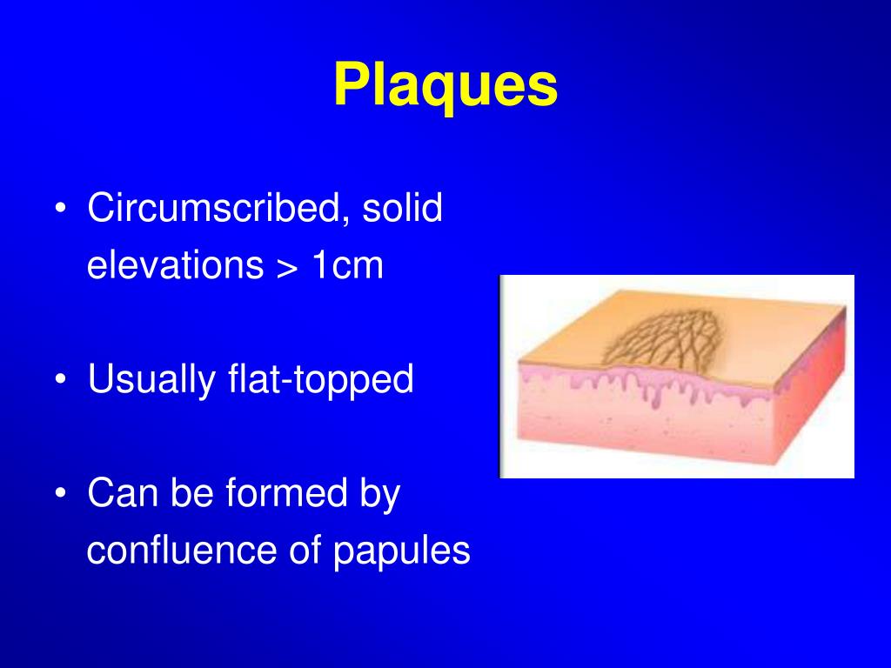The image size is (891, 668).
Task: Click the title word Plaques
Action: click(x=445, y=86)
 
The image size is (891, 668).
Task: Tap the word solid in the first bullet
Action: click(x=404, y=209)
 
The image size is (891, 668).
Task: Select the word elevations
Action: click(x=175, y=265)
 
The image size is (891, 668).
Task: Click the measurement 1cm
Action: click(x=346, y=265)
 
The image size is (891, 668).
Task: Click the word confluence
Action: click(x=181, y=551)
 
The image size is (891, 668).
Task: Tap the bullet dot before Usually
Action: click(x=58, y=381)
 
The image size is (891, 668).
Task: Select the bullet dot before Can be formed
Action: click(x=58, y=495)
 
